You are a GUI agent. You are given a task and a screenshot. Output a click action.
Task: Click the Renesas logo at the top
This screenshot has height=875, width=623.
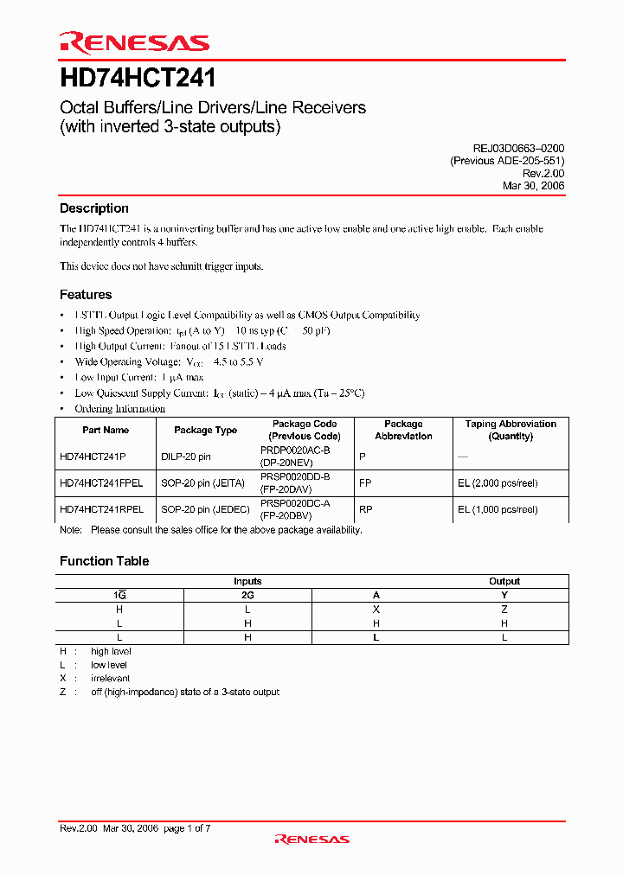click(x=134, y=42)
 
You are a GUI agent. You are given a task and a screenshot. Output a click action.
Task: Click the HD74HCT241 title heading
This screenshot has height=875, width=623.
click(x=138, y=79)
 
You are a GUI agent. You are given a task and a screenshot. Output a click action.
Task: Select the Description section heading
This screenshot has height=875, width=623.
click(x=93, y=208)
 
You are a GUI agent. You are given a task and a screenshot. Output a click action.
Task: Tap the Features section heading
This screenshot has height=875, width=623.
click(x=86, y=295)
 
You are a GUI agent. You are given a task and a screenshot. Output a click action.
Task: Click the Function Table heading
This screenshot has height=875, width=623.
click(x=104, y=561)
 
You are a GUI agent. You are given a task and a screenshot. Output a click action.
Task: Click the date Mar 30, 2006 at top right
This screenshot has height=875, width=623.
click(x=533, y=185)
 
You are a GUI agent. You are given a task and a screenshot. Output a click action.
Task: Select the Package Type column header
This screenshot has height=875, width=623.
click(x=205, y=430)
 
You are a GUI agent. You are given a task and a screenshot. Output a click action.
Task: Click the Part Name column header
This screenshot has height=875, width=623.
click(x=106, y=430)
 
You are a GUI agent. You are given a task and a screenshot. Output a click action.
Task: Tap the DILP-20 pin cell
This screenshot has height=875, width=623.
click(x=186, y=455)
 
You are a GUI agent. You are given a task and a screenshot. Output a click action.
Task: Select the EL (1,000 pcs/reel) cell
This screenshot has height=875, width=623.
click(x=498, y=509)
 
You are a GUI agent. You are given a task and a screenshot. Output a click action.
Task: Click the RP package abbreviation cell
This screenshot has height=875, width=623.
click(x=364, y=509)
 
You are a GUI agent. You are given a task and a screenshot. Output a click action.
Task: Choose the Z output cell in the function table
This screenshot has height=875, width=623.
click(x=504, y=610)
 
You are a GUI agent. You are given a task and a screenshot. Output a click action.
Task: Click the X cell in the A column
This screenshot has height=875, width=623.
click(x=376, y=610)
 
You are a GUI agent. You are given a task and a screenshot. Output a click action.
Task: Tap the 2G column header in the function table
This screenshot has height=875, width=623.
click(x=247, y=595)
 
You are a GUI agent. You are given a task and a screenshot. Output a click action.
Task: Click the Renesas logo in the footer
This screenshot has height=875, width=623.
click(x=311, y=839)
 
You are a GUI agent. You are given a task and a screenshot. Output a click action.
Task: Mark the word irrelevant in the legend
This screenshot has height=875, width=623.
click(x=110, y=679)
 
